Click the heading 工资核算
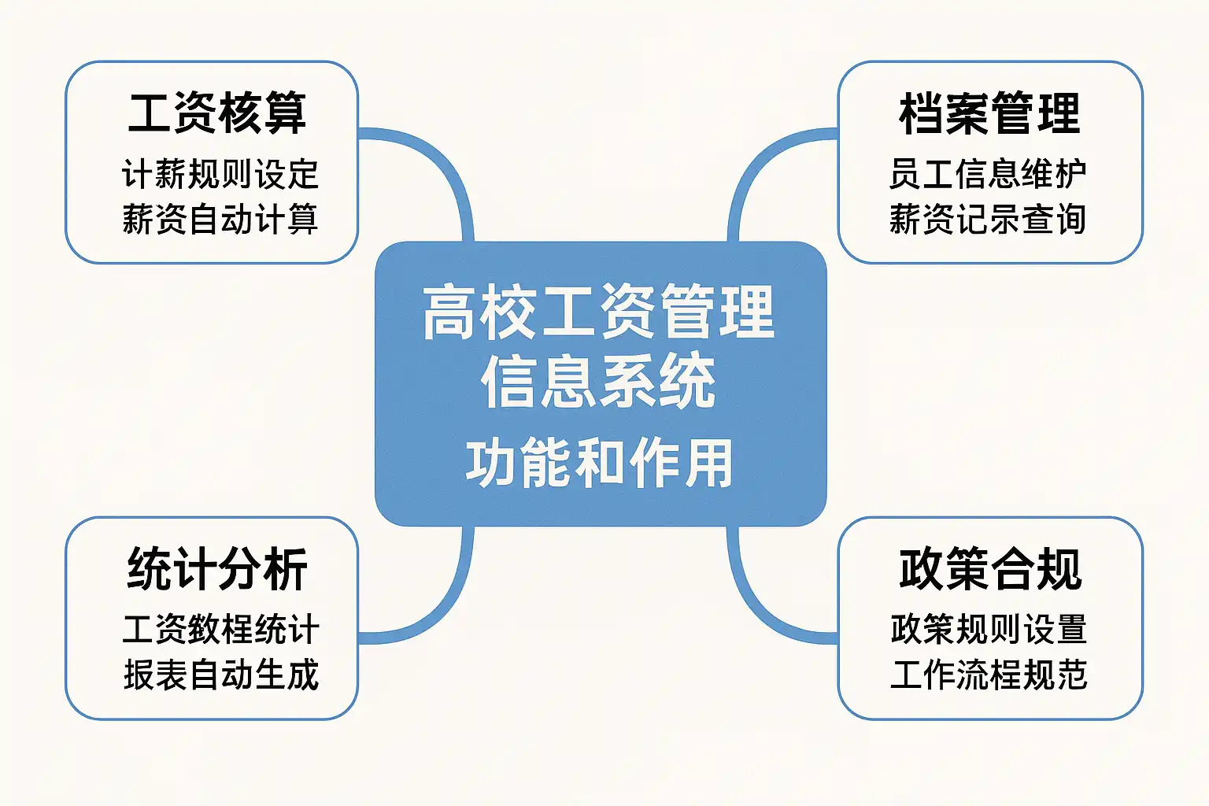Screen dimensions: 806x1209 point(216,113)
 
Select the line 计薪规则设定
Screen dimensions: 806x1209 point(220,174)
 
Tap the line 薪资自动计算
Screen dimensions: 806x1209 point(220,219)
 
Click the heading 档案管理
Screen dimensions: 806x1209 point(989,113)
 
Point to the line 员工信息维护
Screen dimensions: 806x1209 point(988,174)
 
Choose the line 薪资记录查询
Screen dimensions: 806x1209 point(988,219)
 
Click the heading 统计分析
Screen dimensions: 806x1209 point(216,568)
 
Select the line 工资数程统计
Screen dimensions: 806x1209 point(220,630)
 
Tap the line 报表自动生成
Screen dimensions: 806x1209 point(220,675)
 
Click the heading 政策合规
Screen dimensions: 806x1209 point(989,568)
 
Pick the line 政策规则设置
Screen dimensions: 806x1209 point(989,630)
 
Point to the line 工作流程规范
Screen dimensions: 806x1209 point(989,675)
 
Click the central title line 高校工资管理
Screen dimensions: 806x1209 point(599,313)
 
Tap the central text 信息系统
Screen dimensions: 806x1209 point(599,382)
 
